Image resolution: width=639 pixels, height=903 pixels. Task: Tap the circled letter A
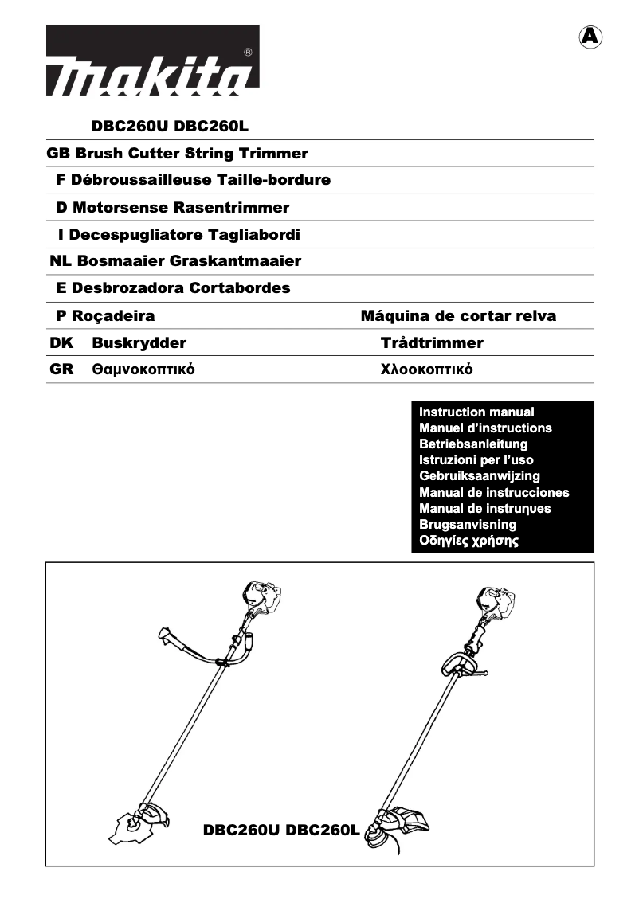click(x=589, y=37)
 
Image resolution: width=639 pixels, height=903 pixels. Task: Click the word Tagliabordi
click(x=254, y=235)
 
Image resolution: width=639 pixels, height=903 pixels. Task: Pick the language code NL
click(x=60, y=261)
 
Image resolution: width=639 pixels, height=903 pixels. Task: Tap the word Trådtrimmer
click(x=432, y=343)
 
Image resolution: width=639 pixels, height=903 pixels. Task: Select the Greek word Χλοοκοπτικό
click(x=428, y=370)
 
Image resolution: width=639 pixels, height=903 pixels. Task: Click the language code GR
click(x=61, y=370)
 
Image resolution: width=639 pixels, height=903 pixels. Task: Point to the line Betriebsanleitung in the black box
click(x=473, y=444)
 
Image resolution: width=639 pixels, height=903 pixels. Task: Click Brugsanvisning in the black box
click(x=468, y=525)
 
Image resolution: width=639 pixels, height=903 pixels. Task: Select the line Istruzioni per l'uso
click(x=476, y=460)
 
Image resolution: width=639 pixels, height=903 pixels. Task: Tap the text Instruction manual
click(x=476, y=412)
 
